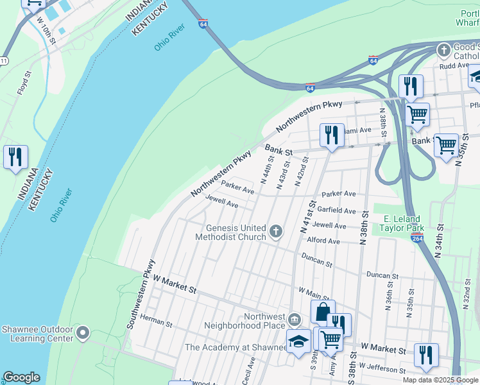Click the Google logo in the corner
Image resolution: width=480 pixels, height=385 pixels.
pos(21,377)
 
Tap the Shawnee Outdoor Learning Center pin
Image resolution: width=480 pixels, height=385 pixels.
pos(82,332)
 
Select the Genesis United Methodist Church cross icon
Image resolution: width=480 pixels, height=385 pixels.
pos(276,231)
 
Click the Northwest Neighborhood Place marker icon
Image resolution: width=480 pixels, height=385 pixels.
pos(294,319)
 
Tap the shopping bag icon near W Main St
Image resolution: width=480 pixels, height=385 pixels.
pos(322,312)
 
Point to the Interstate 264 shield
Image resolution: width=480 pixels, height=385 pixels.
pos(416,237)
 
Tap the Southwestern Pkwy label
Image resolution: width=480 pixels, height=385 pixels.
pos(141,294)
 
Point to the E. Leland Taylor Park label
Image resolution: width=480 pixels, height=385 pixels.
pos(402,223)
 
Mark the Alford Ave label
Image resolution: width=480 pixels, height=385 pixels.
pos(323,241)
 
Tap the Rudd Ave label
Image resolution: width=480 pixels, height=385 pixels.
pos(454,65)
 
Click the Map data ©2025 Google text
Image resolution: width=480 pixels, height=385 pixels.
pos(440,380)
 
